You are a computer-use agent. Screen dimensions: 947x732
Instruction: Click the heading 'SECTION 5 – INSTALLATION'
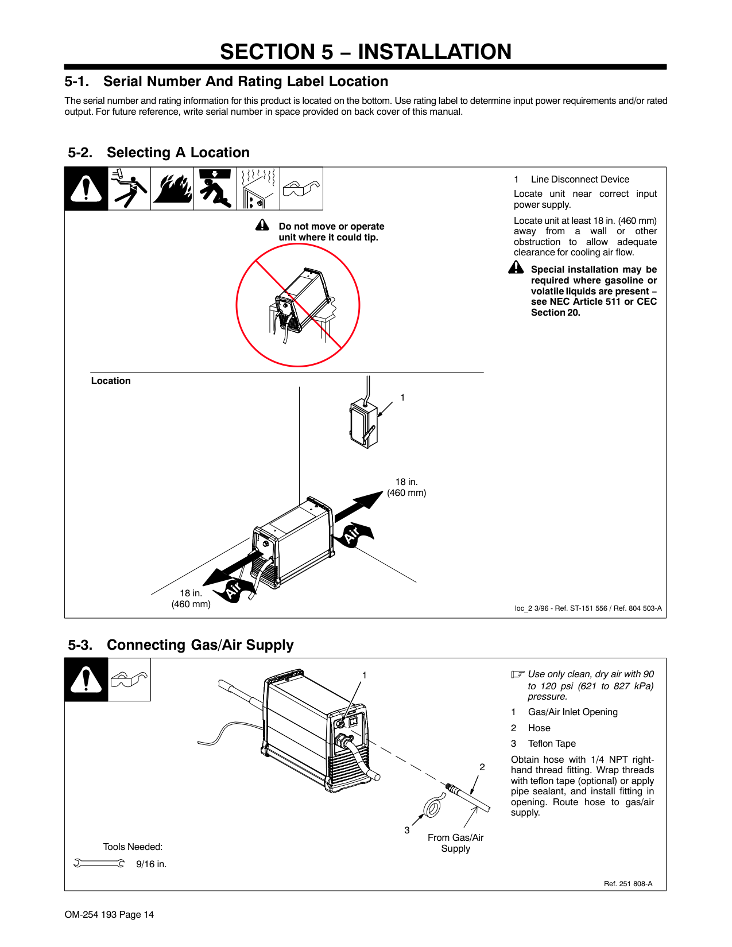(366, 52)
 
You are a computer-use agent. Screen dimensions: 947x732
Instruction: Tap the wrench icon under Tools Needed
(99, 863)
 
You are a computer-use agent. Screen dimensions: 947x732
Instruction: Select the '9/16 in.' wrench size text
(151, 864)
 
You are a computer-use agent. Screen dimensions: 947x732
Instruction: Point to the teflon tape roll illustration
(432, 808)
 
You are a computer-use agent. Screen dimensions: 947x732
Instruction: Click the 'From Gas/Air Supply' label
(455, 843)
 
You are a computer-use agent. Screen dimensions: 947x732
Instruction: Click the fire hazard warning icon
(172, 189)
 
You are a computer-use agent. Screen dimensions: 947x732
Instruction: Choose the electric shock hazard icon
(129, 189)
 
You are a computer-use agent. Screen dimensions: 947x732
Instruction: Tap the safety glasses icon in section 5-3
(129, 680)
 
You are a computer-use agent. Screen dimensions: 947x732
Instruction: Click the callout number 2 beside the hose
(482, 767)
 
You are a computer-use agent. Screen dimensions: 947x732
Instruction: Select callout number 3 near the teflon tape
(407, 830)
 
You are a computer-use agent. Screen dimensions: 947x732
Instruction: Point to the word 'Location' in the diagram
(111, 381)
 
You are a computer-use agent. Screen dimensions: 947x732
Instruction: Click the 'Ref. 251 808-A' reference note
(628, 884)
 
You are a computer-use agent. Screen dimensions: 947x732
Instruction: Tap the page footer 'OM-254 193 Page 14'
(109, 915)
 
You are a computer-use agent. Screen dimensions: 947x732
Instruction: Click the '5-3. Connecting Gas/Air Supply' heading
(181, 645)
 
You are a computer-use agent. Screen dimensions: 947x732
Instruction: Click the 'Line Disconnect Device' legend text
(580, 180)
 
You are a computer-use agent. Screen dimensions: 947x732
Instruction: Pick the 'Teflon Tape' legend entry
(552, 744)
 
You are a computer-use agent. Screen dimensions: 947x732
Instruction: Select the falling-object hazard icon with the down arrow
(215, 189)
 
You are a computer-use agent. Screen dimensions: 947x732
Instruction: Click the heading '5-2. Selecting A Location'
(159, 153)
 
